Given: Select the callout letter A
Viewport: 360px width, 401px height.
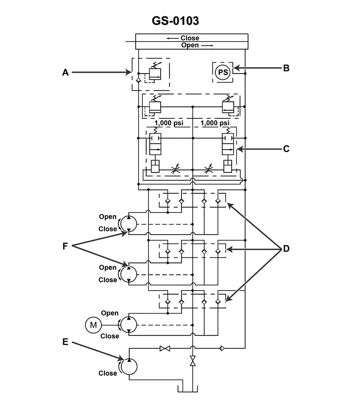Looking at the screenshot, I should [x=65, y=73].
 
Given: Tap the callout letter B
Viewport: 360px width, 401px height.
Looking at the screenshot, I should [x=286, y=68].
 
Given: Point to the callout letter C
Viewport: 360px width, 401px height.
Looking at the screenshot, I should [x=286, y=148].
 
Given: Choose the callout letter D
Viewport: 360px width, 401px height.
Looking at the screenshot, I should [x=286, y=248].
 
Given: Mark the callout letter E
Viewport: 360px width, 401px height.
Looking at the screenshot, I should [x=65, y=342].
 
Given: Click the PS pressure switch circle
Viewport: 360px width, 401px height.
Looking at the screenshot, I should [x=223, y=73].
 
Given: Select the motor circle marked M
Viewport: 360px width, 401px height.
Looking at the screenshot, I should [x=93, y=325].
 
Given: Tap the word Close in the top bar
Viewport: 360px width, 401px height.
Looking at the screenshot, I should [x=189, y=38].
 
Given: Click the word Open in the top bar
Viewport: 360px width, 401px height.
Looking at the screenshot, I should [x=189, y=45].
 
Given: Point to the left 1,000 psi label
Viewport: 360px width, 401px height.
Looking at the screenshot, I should [x=169, y=123].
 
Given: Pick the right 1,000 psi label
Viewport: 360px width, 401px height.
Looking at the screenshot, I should [x=215, y=123].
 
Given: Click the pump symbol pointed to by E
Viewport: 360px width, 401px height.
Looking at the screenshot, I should [x=129, y=366].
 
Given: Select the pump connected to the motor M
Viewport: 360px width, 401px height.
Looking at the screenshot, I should [x=129, y=325].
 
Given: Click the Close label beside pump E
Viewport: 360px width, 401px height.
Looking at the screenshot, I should [x=107, y=373].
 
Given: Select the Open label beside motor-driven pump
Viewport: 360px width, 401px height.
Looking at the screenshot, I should [x=109, y=313].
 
